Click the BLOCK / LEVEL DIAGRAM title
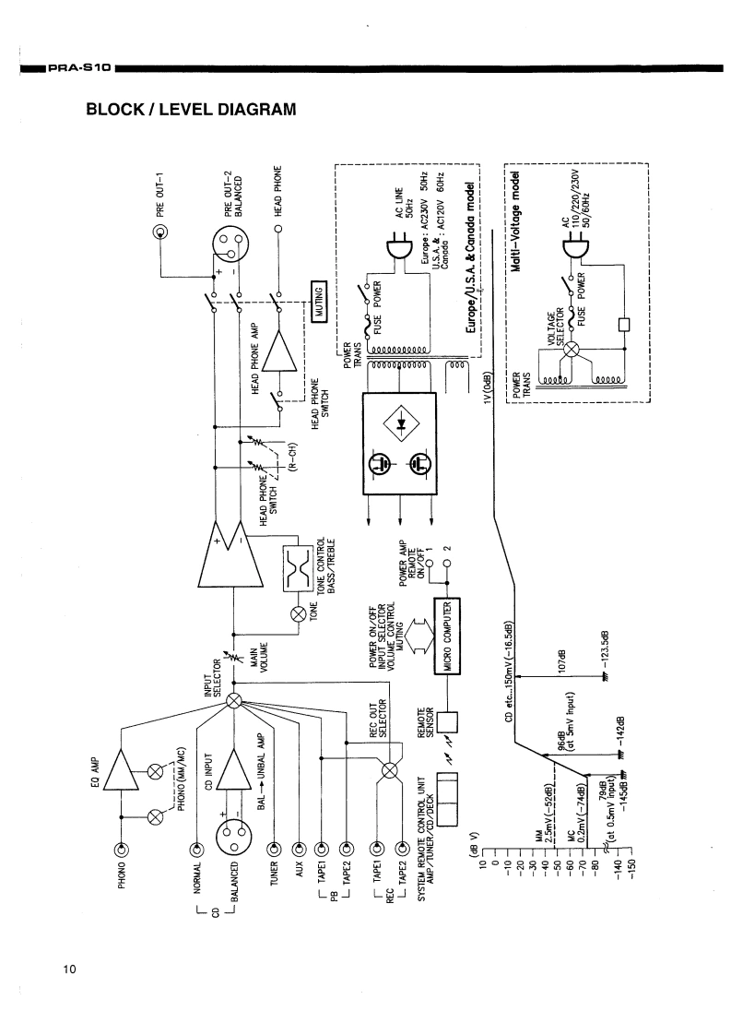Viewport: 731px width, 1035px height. (x=192, y=110)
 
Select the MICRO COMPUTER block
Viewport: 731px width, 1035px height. (x=447, y=636)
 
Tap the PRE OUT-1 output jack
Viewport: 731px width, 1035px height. (x=160, y=232)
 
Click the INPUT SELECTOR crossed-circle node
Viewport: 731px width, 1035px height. (x=233, y=701)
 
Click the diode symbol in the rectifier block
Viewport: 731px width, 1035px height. (x=399, y=423)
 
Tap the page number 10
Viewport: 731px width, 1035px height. (x=70, y=969)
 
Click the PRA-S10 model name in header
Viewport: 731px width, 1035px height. (x=81, y=68)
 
